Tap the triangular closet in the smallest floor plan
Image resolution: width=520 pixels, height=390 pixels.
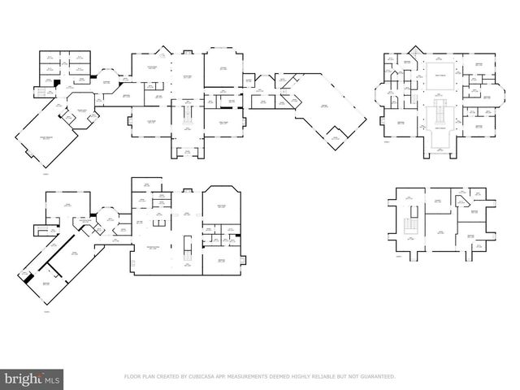point(461,200)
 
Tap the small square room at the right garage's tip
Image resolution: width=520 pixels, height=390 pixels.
point(335,143)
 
